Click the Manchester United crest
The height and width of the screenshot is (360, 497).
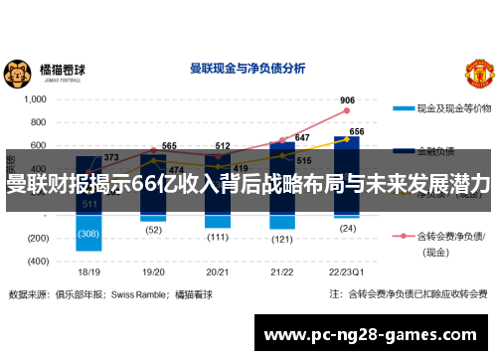coord(478,72)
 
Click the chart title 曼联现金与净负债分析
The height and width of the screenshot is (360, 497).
coord(248,70)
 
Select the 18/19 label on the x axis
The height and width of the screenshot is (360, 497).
coord(88,270)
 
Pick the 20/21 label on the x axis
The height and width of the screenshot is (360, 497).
coord(218,270)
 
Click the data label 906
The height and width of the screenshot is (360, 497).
coord(347,100)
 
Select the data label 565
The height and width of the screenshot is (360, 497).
coord(170,146)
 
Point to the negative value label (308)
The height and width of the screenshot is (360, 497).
coord(89,234)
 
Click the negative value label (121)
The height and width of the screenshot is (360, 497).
coord(282,239)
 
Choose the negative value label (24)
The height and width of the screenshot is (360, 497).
coord(347,228)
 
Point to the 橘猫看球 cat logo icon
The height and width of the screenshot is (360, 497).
coord(17,73)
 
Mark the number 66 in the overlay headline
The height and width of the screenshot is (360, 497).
coord(145,185)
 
